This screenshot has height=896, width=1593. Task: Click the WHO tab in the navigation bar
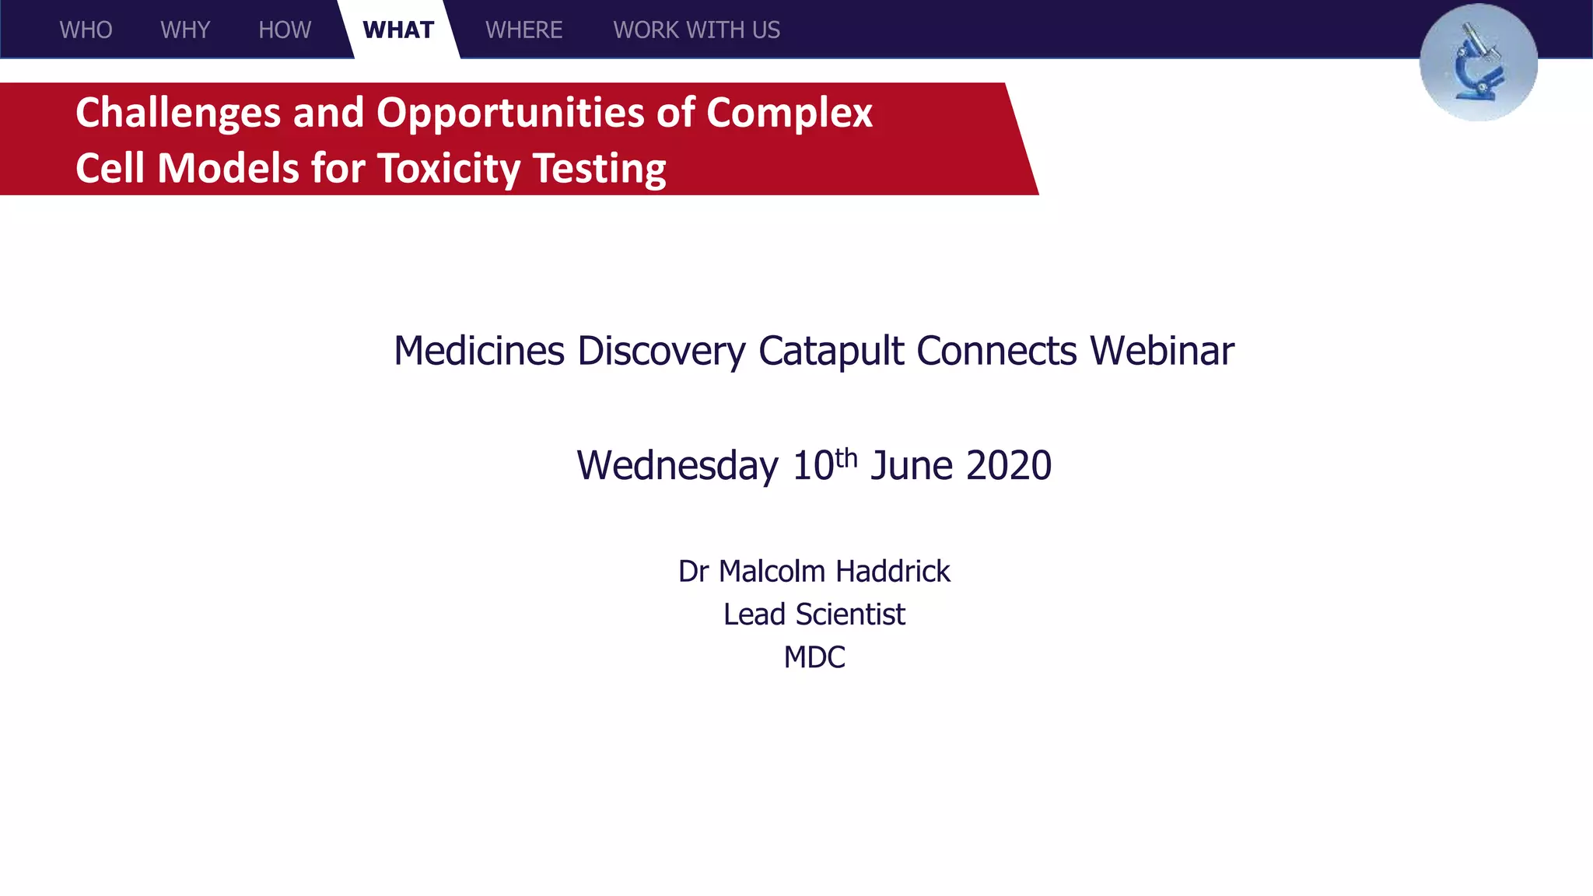pos(86,30)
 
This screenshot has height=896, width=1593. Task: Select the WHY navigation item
pos(185,30)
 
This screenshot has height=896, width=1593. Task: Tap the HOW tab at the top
pos(285,30)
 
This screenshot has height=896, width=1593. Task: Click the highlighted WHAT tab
pos(398,30)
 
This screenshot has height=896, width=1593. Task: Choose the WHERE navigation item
pos(523,30)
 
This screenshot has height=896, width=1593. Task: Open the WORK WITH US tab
pos(696,30)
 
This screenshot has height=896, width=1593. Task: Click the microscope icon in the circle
pos(1478,62)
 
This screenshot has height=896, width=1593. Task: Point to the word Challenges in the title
pos(177,114)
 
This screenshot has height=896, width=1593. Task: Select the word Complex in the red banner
pos(789,114)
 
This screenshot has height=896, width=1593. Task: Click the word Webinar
pos(1161,351)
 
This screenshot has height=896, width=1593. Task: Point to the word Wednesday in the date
pos(677,466)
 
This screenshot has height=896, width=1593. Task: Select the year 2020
pos(1008,466)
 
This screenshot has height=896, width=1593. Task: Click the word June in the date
pos(911,466)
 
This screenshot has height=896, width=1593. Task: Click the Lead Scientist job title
pos(814,614)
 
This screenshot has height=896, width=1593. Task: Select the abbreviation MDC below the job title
pos(814,657)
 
